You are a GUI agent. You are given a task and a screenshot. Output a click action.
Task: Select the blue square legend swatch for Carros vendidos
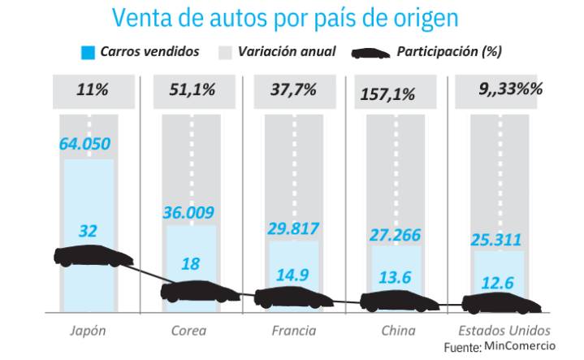89,53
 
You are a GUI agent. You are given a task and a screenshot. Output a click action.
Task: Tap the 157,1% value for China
388,93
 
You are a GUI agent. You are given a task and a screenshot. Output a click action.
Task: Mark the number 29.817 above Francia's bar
294,229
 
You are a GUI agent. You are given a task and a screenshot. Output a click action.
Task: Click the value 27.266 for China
396,235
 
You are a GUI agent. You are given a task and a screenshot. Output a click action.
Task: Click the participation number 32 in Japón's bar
89,231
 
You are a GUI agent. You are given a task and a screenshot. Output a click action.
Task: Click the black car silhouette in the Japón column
93,257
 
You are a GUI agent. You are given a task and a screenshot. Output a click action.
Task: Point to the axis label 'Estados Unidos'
504,331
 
